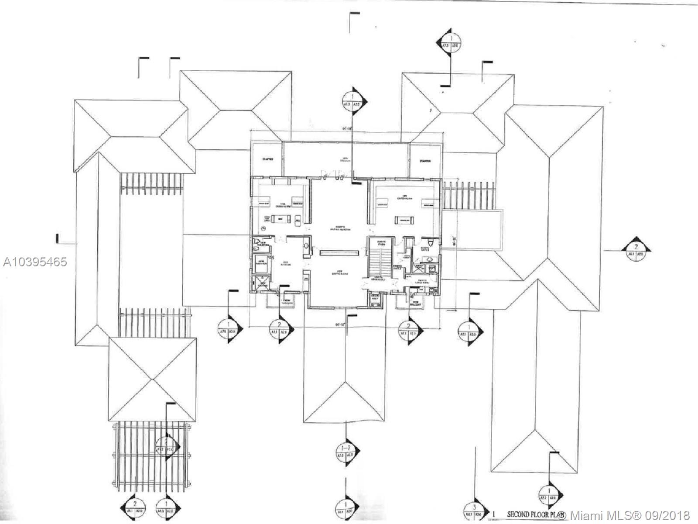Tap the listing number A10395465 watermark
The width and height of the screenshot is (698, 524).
pos(35,262)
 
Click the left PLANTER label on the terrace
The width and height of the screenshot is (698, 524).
pos(267,160)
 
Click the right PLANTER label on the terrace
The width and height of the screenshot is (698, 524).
pos(425,161)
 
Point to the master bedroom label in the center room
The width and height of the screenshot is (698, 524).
pos(340,228)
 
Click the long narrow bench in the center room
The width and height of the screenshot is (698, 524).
pos(339,252)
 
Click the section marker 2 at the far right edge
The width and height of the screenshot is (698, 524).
pos(636,251)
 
